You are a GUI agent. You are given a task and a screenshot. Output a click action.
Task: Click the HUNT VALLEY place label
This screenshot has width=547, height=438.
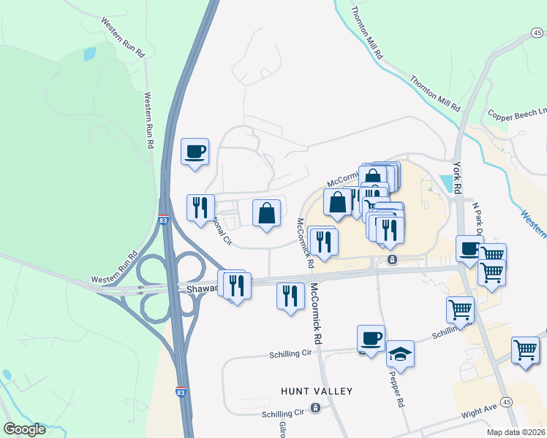click(x=316, y=391)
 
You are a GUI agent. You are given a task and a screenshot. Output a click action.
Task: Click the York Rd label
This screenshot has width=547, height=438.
click(x=458, y=175)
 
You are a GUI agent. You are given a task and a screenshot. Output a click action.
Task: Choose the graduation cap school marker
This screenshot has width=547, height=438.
click(x=400, y=354)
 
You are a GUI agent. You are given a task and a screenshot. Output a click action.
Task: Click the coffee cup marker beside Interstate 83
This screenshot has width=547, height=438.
click(x=195, y=152)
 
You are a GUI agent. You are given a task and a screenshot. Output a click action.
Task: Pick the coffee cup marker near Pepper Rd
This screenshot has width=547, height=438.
click(x=371, y=338)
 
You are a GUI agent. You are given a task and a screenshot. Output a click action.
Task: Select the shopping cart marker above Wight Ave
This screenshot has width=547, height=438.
click(x=525, y=350)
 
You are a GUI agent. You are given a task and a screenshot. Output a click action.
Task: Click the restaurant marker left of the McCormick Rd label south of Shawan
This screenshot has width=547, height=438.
click(x=290, y=296)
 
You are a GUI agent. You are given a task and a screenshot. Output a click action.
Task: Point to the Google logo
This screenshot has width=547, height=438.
click(x=24, y=429)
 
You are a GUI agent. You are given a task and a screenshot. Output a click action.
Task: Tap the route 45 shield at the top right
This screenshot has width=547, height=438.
click(x=537, y=32)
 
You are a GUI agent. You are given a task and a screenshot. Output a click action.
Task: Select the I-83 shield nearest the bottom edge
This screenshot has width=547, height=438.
click(x=181, y=392)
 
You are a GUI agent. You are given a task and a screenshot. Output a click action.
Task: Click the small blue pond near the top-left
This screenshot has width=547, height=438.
click(x=89, y=53)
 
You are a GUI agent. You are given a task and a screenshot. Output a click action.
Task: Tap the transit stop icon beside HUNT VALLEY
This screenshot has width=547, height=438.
click(x=315, y=407)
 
